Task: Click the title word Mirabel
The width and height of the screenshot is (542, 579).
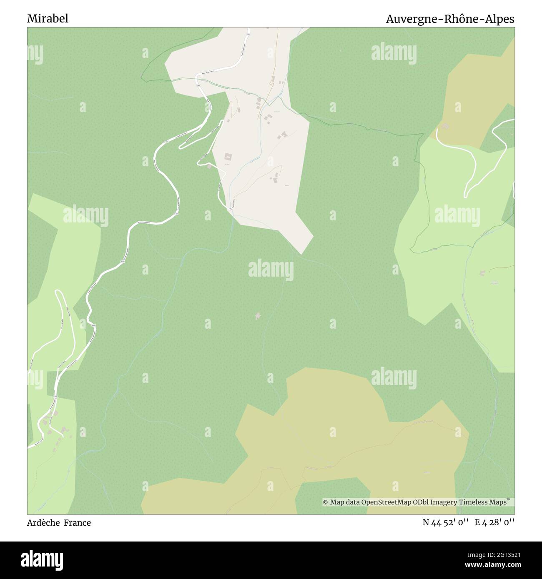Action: click(48, 19)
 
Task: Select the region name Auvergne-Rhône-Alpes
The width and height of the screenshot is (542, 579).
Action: click(450, 19)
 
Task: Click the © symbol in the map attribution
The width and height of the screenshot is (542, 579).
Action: click(326, 502)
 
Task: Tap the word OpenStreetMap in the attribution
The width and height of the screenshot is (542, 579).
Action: click(381, 502)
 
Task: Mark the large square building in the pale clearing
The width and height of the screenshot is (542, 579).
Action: click(228, 157)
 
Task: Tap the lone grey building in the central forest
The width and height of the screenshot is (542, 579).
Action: click(258, 316)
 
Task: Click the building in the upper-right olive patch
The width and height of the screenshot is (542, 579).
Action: click(446, 126)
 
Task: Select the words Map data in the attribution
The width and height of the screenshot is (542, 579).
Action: click(345, 502)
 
